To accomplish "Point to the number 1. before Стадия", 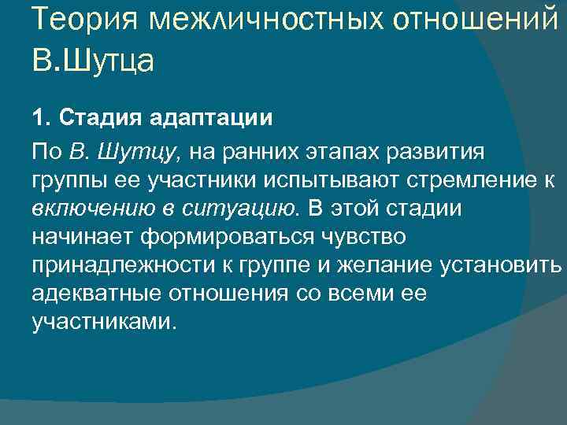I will click(x=41, y=119).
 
